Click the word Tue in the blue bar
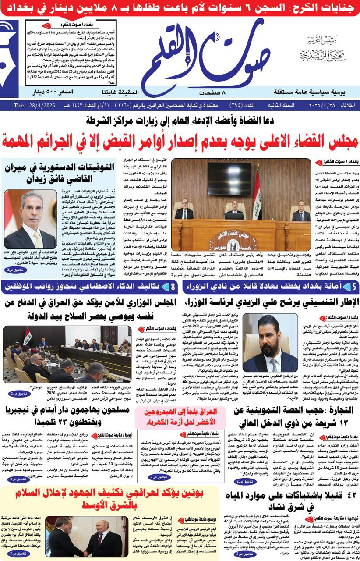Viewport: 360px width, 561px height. (x=18, y=105)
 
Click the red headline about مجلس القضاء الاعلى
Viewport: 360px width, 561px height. (x=180, y=141)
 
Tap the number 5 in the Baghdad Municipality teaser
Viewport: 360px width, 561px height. (x=353, y=287)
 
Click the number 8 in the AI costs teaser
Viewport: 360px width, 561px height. (x=173, y=287)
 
